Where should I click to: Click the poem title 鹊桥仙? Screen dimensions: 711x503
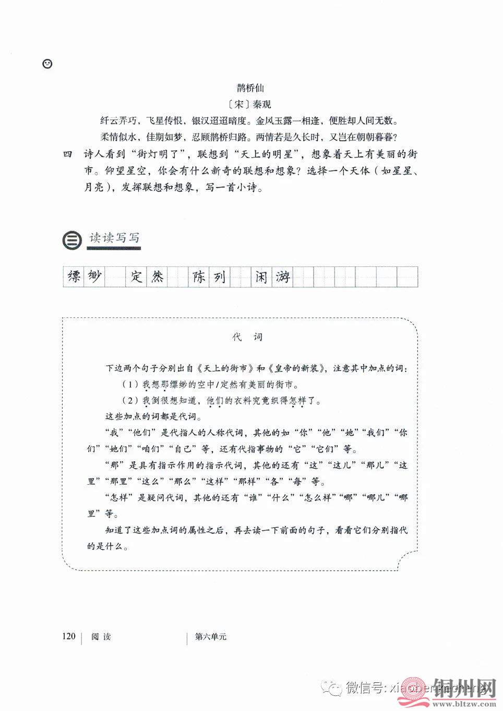tap(250, 88)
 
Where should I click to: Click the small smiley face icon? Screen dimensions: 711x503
tap(47, 64)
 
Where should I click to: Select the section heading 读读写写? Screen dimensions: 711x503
tap(114, 238)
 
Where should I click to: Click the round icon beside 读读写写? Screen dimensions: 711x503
tap(72, 240)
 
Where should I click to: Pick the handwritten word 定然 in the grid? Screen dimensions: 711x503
tap(147, 277)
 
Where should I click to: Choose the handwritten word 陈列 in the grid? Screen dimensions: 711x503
tap(209, 277)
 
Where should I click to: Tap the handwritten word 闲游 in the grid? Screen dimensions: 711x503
tap(271, 277)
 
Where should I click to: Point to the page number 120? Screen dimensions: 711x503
tap(68, 636)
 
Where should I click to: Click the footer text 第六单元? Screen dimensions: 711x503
tap(210, 637)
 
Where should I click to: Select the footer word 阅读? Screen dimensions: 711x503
tap(101, 637)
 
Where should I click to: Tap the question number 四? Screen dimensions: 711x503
tap(67, 155)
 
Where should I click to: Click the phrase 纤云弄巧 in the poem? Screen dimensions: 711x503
tap(119, 121)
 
